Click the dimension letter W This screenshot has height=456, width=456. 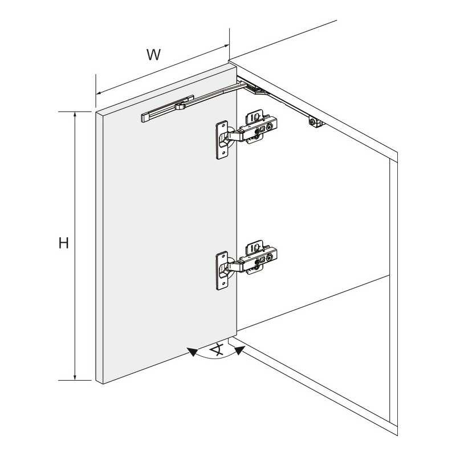(153, 54)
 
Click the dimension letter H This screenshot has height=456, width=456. (64, 243)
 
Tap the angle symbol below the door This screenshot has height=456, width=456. (217, 349)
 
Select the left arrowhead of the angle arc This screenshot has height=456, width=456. (193, 352)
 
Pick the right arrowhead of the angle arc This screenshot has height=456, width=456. (239, 351)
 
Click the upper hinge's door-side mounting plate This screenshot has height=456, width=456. (222, 140)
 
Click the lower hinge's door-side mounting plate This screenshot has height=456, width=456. (222, 270)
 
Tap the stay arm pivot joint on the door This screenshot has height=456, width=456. (180, 106)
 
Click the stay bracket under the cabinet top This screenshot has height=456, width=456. (316, 122)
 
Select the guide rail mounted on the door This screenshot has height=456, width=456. (168, 109)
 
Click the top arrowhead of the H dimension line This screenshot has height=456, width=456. (75, 115)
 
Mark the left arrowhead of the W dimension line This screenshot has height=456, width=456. (99, 93)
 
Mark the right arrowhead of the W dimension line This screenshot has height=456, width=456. (226, 46)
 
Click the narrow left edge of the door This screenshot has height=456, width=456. (99, 247)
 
